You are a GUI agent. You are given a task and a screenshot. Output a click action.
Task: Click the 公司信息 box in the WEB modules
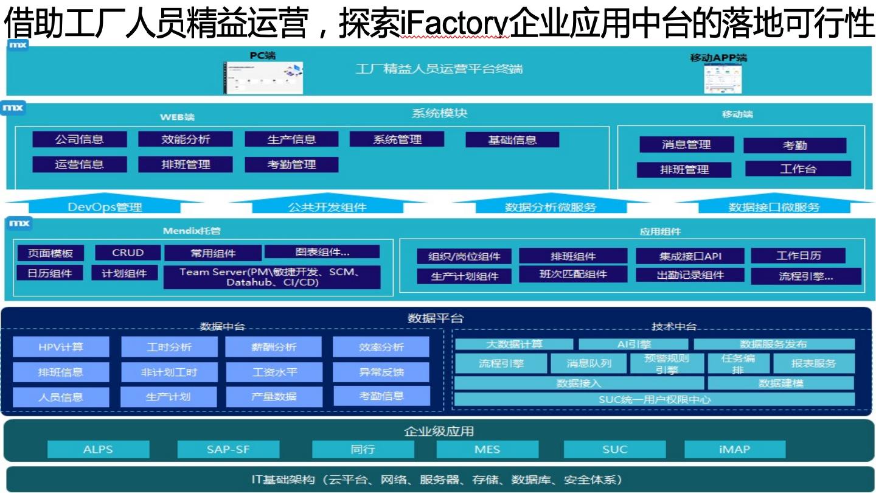[80, 139]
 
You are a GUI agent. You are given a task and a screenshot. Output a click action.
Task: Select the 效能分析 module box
[186, 139]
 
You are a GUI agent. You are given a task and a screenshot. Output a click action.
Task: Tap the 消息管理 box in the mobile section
[686, 145]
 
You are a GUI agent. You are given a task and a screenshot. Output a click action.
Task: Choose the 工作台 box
[798, 169]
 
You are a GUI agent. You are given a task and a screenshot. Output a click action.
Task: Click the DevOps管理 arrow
[105, 206]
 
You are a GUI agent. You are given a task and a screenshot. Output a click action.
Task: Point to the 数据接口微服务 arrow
[774, 206]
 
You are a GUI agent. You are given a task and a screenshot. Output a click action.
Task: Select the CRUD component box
[128, 253]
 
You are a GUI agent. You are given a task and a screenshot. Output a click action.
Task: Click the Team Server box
[271, 277]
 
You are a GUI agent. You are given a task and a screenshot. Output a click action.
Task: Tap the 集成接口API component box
[690, 256]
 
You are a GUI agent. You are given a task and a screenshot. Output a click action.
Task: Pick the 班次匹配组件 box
[573, 274]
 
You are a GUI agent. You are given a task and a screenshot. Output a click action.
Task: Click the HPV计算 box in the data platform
[61, 347]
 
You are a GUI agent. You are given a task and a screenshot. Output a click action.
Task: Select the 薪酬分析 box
[273, 347]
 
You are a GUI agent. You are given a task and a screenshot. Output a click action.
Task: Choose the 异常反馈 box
[381, 372]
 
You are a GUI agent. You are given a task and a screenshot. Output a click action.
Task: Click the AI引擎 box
[633, 344]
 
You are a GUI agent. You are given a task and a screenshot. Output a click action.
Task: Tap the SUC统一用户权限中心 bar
[655, 399]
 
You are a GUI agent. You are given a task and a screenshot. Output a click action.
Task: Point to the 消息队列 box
[588, 363]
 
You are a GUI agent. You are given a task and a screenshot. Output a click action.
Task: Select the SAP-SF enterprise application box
[228, 449]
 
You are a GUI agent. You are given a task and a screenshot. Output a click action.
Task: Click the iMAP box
[734, 449]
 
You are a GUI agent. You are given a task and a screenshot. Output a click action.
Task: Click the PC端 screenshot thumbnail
[263, 78]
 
